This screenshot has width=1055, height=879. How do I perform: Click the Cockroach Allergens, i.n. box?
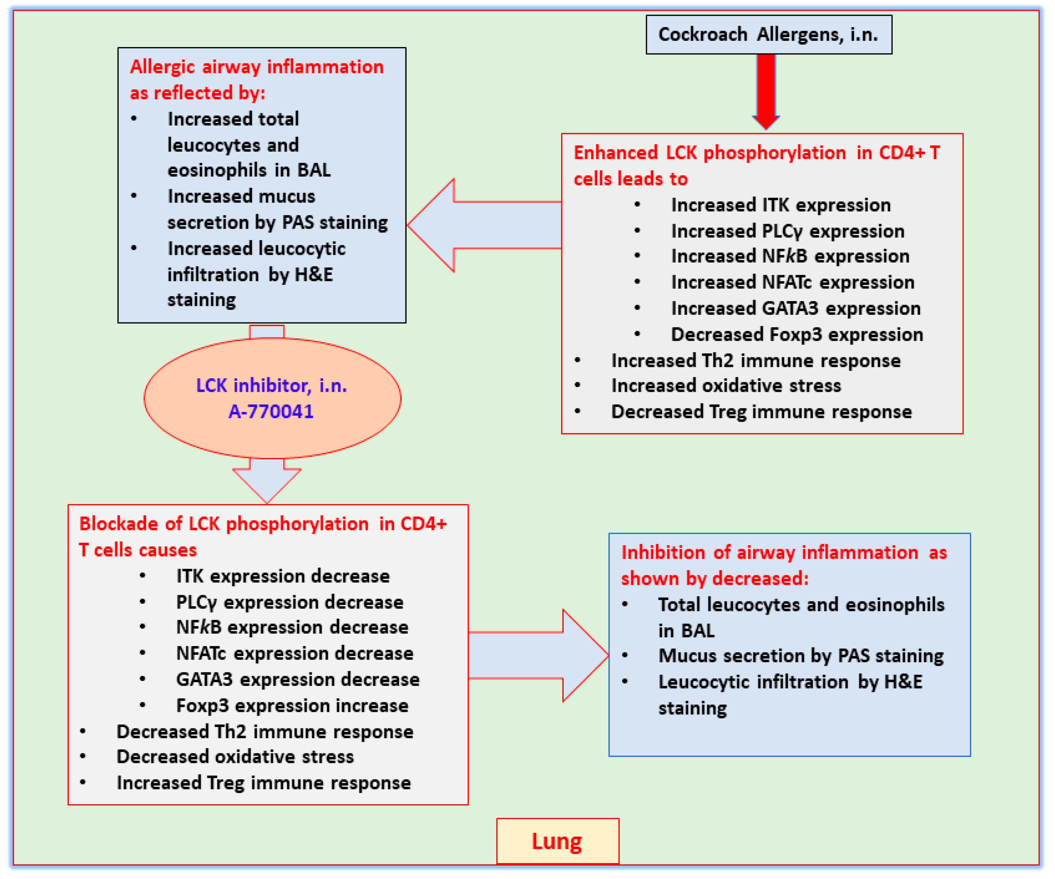769,35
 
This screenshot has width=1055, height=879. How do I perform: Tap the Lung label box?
557,841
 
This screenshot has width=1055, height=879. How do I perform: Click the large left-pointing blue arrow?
482,225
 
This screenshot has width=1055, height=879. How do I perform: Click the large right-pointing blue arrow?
538,656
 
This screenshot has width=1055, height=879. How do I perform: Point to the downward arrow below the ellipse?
267,480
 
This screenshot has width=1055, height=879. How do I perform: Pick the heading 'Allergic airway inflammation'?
256,67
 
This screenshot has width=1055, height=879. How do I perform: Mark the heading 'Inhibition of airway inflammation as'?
784,553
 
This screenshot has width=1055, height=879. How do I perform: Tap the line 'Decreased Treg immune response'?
761,412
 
